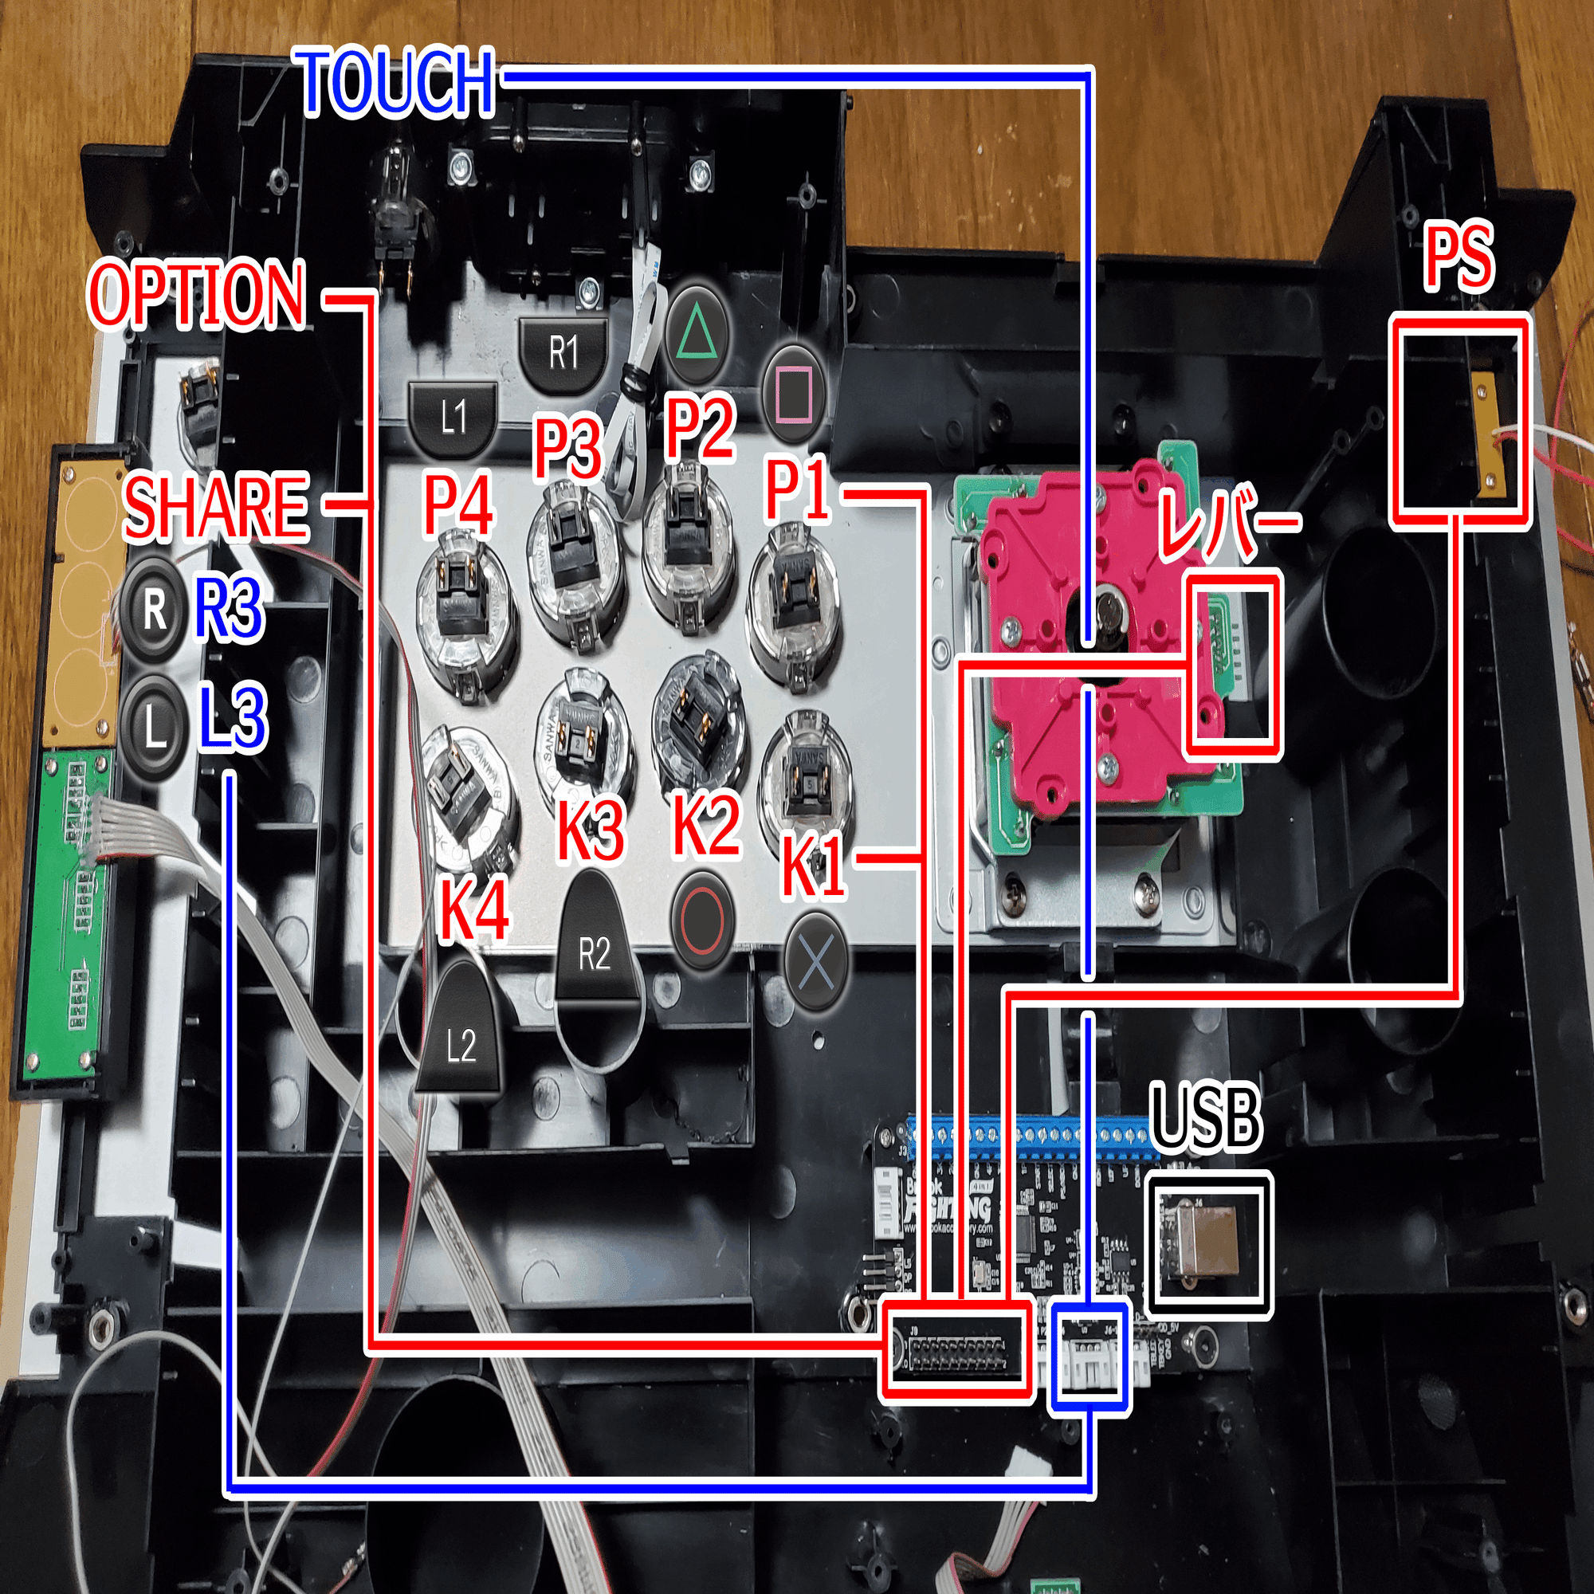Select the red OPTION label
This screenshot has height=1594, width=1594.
tap(197, 295)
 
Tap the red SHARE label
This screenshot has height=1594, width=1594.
tap(216, 507)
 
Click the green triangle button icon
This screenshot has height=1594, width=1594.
tap(697, 335)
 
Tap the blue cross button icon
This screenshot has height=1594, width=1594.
tap(815, 963)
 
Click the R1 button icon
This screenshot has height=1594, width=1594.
tap(564, 352)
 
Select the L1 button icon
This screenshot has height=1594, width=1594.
tap(453, 417)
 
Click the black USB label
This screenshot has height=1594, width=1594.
tap(1205, 1118)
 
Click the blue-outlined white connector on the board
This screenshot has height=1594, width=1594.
tap(1088, 1356)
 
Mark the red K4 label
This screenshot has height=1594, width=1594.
tap(474, 910)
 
